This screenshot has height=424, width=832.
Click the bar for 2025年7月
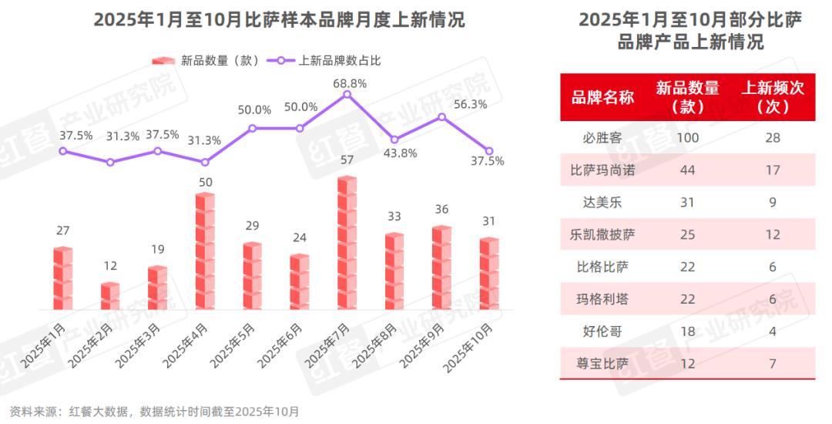[x=347, y=244]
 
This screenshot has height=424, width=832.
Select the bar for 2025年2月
[x=110, y=296]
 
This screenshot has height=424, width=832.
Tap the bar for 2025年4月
[x=205, y=251]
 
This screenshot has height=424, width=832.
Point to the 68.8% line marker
[x=347, y=94]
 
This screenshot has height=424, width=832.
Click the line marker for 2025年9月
[x=442, y=117]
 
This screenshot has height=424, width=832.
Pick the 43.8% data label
[x=401, y=153]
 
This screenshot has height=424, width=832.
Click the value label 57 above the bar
[x=347, y=160]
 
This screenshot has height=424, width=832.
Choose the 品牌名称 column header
[x=602, y=97]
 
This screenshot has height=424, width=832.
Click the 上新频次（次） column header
[x=773, y=97]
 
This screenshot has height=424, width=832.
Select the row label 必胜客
[x=602, y=138]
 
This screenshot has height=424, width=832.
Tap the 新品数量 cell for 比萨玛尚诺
[x=688, y=170]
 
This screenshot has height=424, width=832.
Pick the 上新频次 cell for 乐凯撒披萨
[x=773, y=234]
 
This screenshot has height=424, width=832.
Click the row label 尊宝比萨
[x=602, y=362]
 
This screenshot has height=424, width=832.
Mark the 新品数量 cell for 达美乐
[x=688, y=202]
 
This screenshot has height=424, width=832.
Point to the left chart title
[x=279, y=19]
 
